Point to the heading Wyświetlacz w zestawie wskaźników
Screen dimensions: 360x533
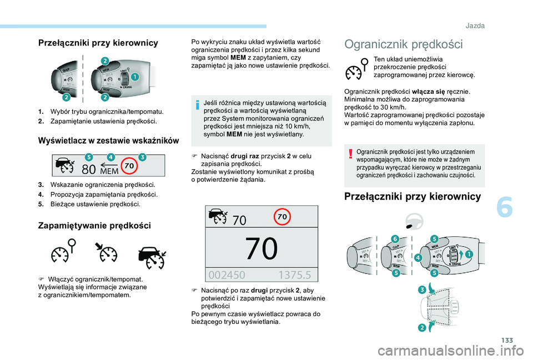click(x=108, y=140)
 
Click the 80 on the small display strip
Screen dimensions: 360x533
click(x=89, y=167)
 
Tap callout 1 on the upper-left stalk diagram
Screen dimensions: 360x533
click(x=134, y=78)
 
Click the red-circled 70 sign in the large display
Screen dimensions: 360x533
click(x=281, y=217)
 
